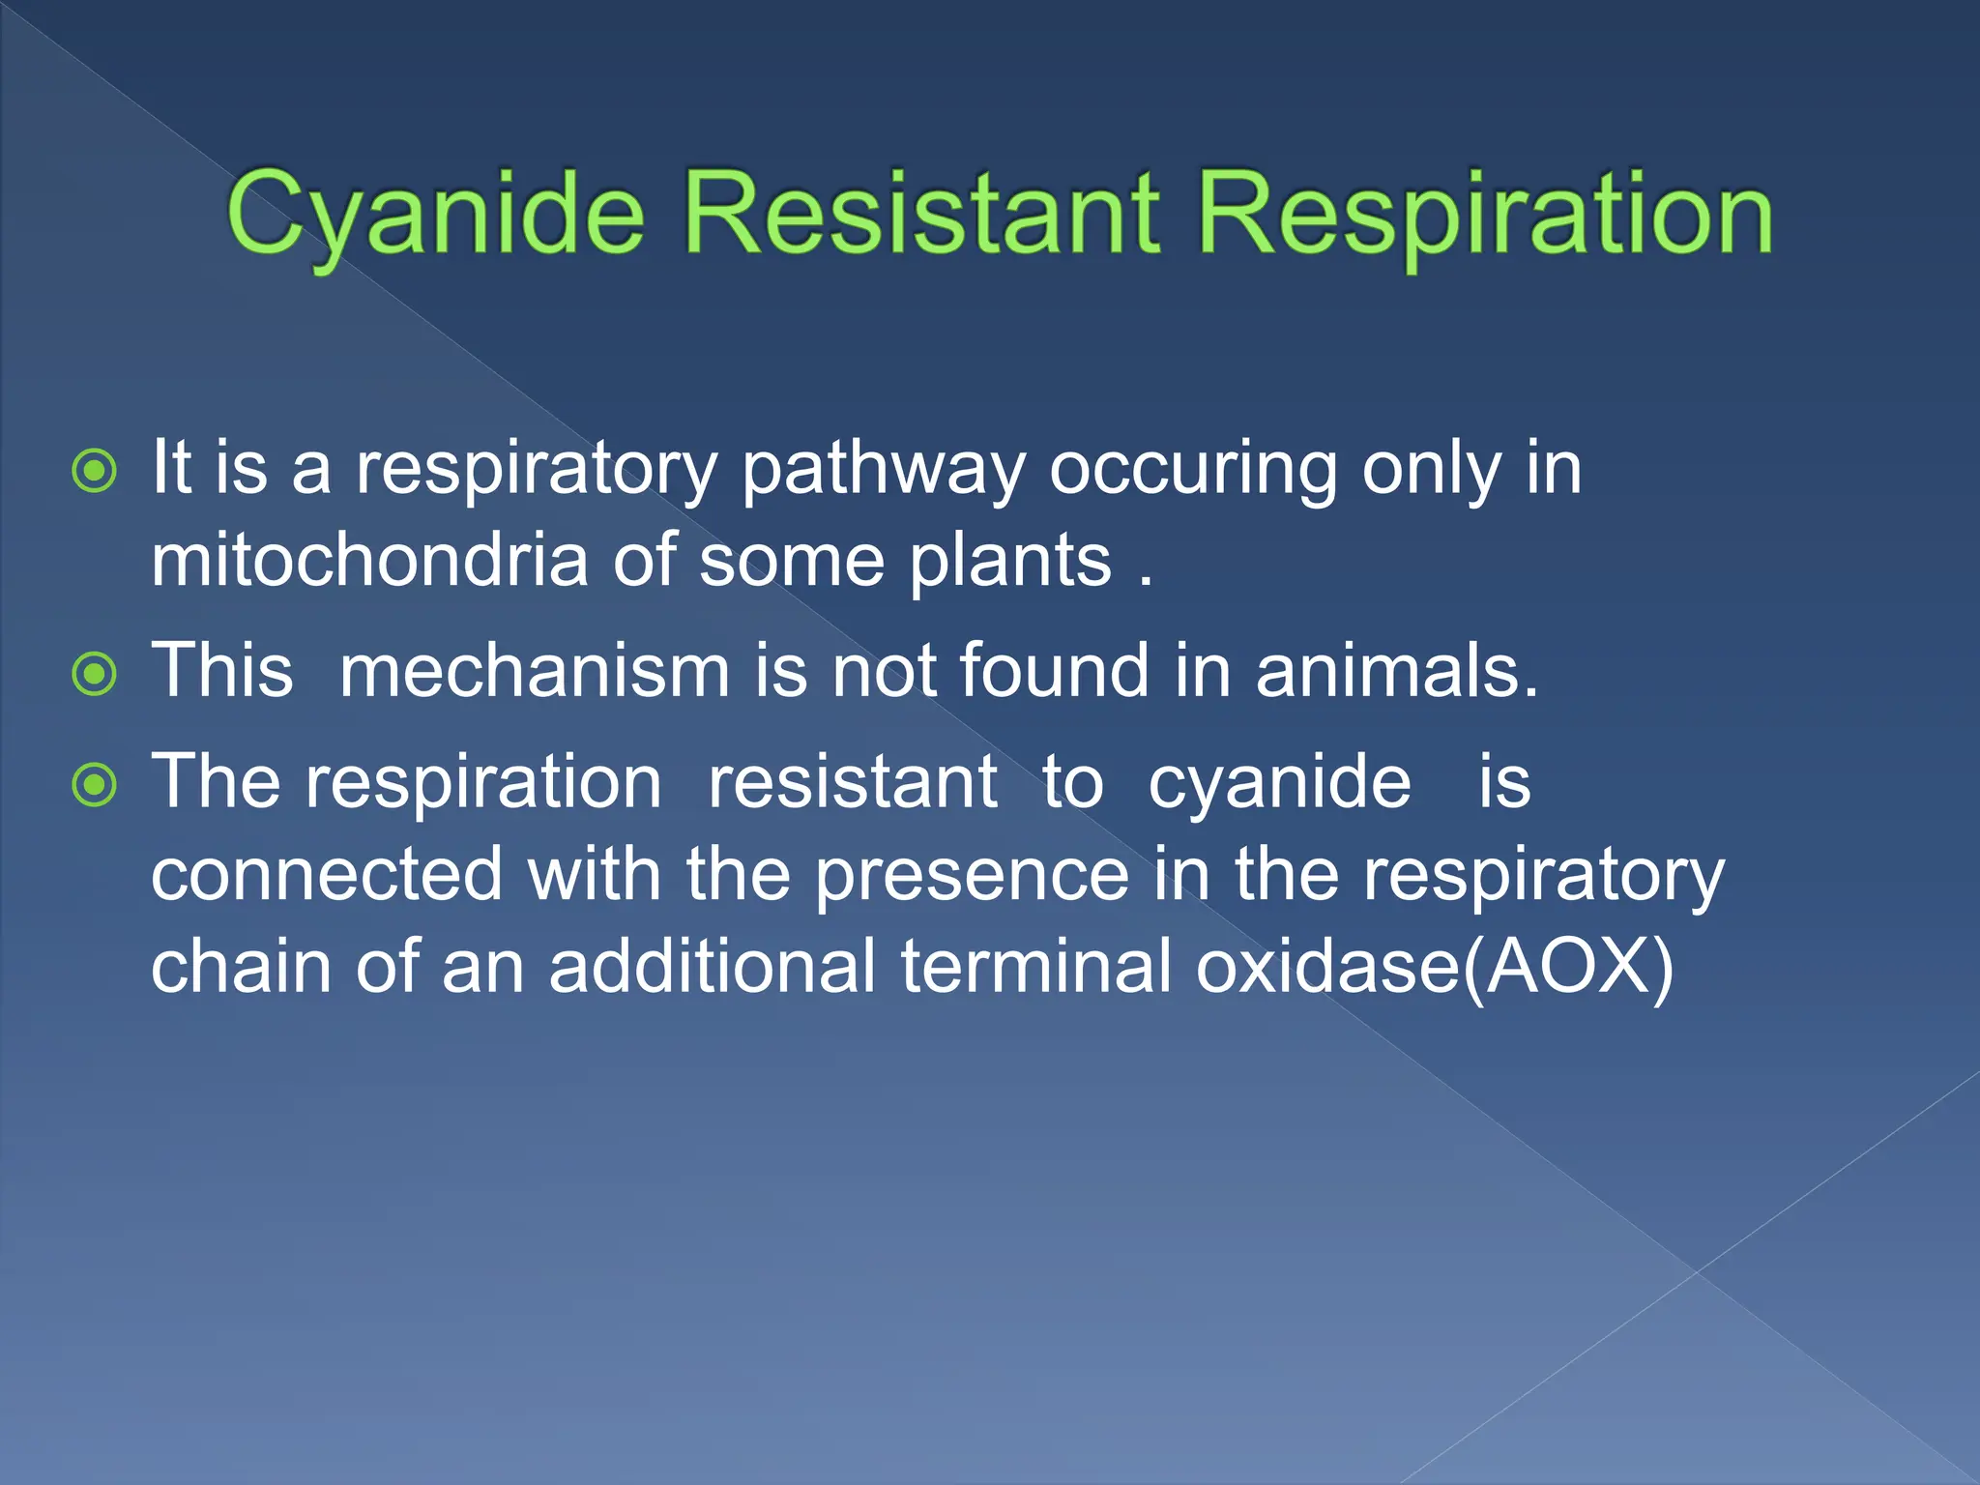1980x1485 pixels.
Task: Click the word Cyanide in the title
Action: coord(435,215)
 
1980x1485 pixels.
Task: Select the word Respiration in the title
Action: coord(1484,215)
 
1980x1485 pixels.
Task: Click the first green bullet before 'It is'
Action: coord(95,472)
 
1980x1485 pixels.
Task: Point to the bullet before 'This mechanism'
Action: coord(95,675)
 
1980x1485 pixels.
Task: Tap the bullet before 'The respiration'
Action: coord(95,785)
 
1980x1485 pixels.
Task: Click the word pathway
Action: coord(882,471)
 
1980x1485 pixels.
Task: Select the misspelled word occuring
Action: coord(1193,471)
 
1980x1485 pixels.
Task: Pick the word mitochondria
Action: coord(369,561)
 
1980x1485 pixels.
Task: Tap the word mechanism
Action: coord(534,671)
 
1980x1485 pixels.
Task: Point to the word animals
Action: coord(1396,671)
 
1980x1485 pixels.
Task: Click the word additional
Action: coord(713,966)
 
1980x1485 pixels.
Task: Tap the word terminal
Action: coord(1035,966)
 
